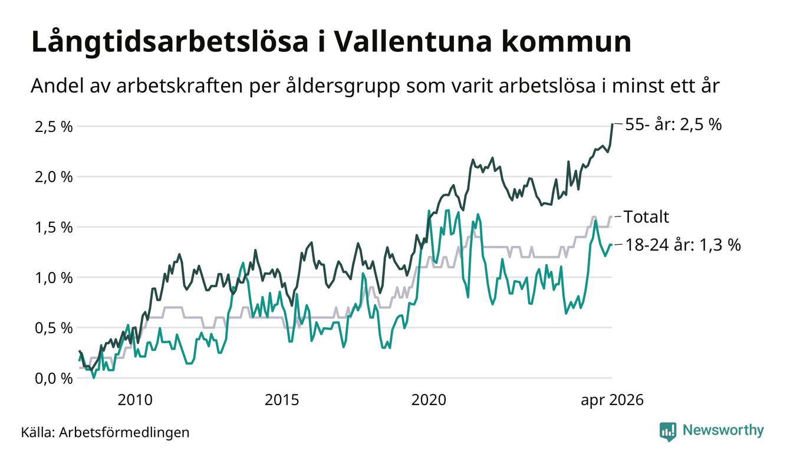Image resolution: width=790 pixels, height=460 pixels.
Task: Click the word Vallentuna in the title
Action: pos(412,42)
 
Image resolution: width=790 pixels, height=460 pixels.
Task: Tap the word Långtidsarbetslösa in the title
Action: pos(170,42)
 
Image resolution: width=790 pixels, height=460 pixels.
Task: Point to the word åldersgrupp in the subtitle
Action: pos(343,87)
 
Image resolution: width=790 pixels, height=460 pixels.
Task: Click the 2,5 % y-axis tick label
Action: pos(54,127)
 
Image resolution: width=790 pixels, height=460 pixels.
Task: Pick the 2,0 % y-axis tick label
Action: pos(54,177)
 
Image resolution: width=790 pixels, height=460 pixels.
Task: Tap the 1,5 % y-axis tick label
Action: pos(54,228)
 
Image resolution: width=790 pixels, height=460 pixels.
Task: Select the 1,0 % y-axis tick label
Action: pos(54,278)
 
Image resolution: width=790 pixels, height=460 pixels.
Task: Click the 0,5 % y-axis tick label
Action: pos(54,328)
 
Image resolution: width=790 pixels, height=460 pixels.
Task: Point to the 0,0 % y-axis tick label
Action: pos(54,379)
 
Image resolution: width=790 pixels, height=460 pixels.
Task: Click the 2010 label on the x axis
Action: pos(135,400)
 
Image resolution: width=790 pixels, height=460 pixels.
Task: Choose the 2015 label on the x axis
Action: pos(282,400)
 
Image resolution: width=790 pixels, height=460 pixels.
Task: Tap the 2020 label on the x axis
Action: pos(429,400)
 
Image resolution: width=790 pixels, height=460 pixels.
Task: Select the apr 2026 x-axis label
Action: pos(612,400)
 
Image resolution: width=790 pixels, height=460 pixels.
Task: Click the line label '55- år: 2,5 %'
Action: pos(673,124)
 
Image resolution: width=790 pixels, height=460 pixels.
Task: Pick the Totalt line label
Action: pos(646,216)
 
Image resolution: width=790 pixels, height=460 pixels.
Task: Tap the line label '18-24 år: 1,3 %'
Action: pos(683,245)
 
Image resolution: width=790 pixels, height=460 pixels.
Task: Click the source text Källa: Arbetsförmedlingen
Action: pos(105,432)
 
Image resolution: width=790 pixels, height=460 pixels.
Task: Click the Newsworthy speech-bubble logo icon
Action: pos(667,432)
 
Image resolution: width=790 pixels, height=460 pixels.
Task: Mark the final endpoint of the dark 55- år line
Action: pos(612,124)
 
